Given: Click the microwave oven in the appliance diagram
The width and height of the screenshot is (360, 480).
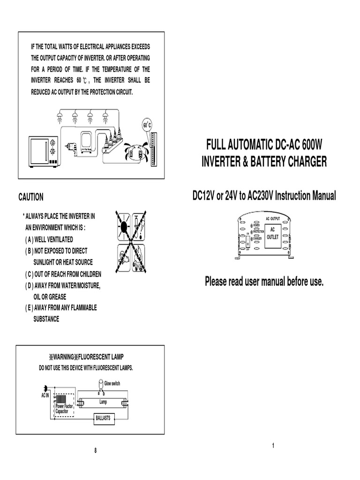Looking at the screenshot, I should click(44, 151).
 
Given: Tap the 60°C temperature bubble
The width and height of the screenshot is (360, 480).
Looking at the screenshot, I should click(148, 125).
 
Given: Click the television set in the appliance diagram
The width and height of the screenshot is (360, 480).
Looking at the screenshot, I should click(87, 142).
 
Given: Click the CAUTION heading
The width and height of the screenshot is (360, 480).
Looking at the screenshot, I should click(30, 198).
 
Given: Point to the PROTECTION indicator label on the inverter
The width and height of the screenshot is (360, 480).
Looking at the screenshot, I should click(259, 231).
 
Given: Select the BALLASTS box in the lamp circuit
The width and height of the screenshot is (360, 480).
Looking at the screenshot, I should click(103, 418).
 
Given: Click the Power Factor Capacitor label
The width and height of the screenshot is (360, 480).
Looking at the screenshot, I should click(64, 408).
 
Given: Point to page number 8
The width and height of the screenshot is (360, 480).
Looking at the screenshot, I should click(95, 451).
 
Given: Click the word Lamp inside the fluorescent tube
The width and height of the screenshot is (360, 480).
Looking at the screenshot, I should click(103, 402).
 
